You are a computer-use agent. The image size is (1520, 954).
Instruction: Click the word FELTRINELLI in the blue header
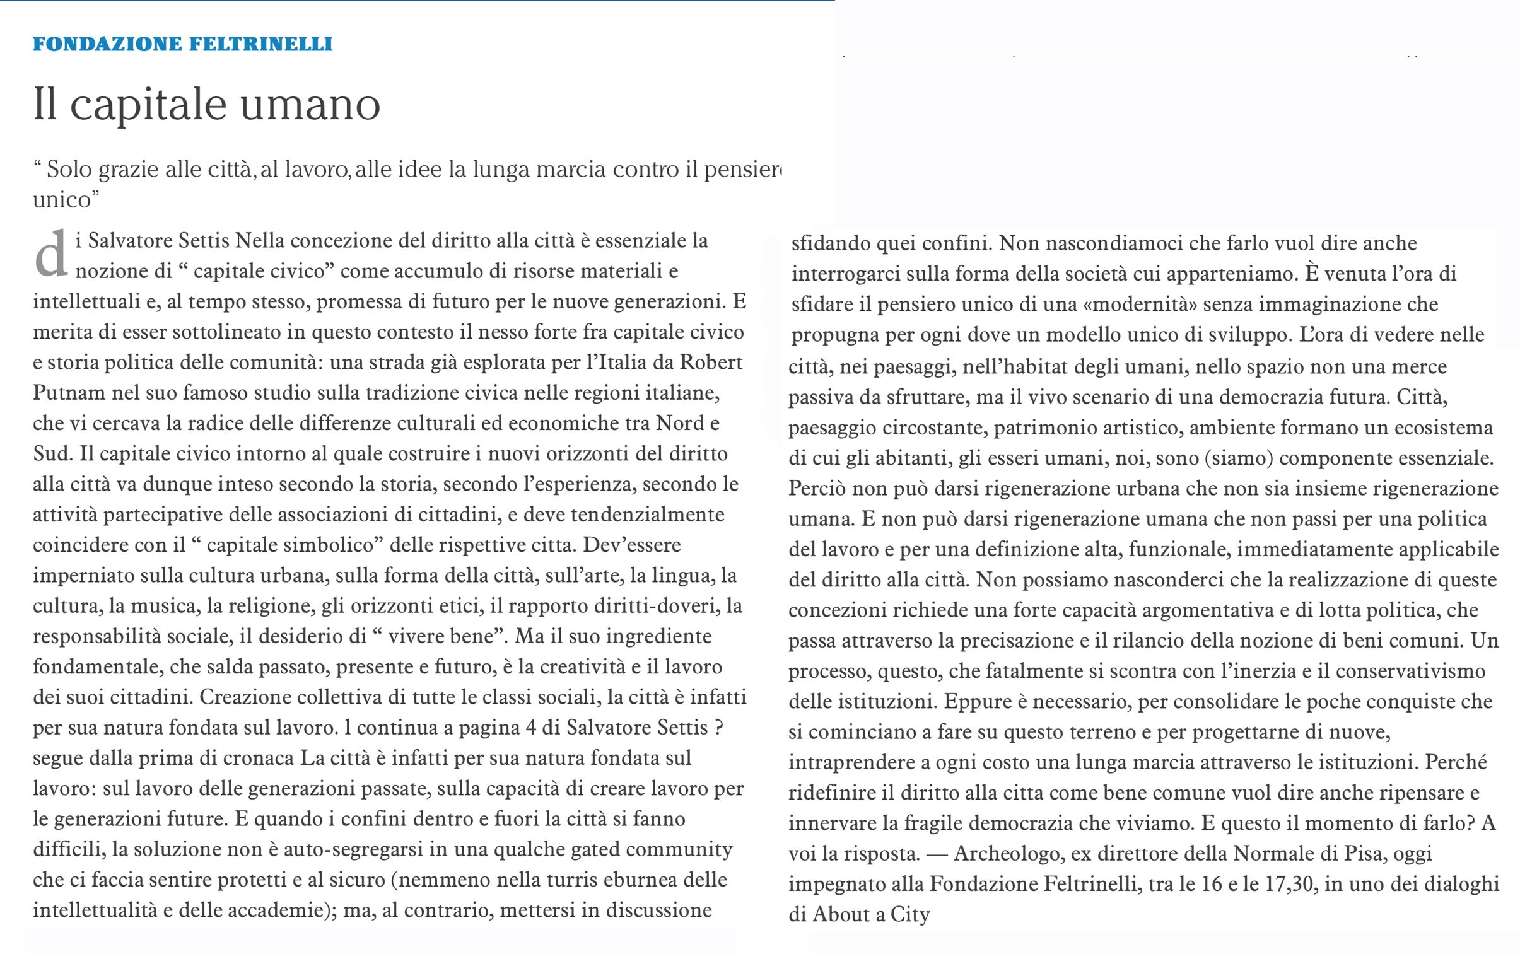click(260, 44)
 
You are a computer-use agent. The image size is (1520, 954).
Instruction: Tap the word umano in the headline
click(310, 105)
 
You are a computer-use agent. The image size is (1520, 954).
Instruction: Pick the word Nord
click(680, 423)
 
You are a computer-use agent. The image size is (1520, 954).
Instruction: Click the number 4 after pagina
click(530, 728)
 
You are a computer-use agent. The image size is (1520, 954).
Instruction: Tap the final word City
click(910, 915)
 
